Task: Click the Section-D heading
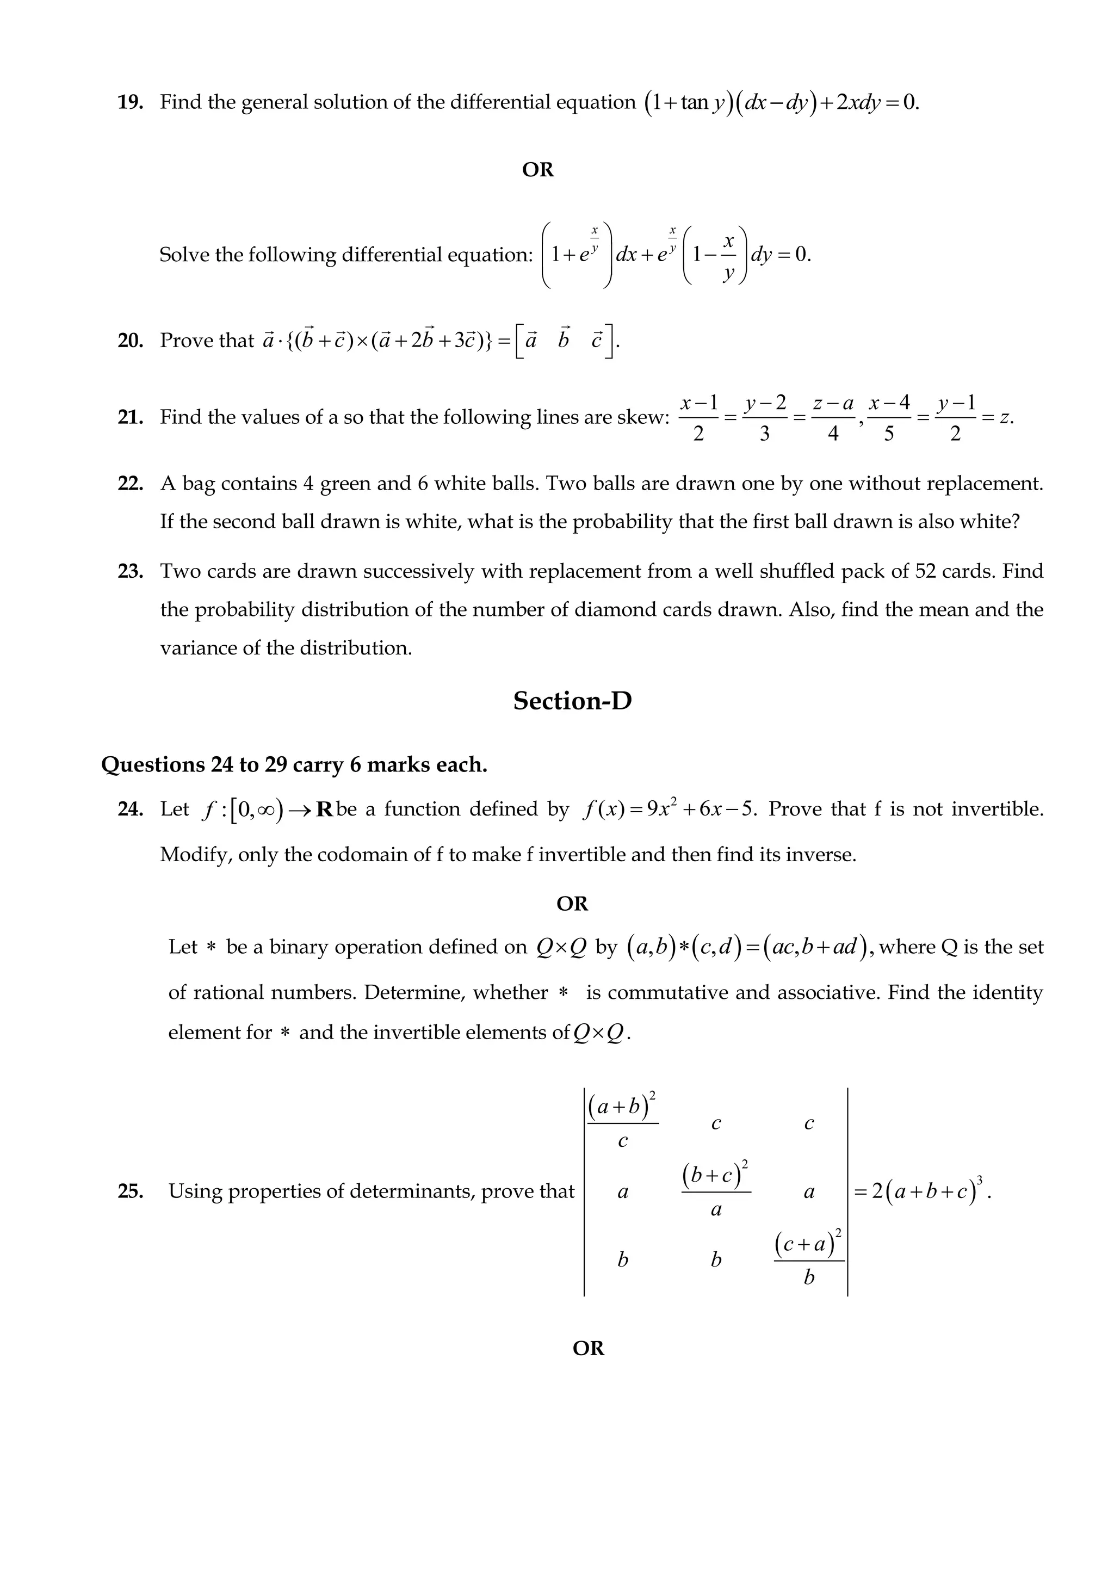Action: [572, 701]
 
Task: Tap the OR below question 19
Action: [538, 169]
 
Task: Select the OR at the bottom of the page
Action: [588, 1348]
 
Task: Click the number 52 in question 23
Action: [926, 571]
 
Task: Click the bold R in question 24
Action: [324, 810]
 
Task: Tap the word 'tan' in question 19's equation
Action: [694, 103]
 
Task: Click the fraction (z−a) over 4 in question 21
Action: [832, 418]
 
